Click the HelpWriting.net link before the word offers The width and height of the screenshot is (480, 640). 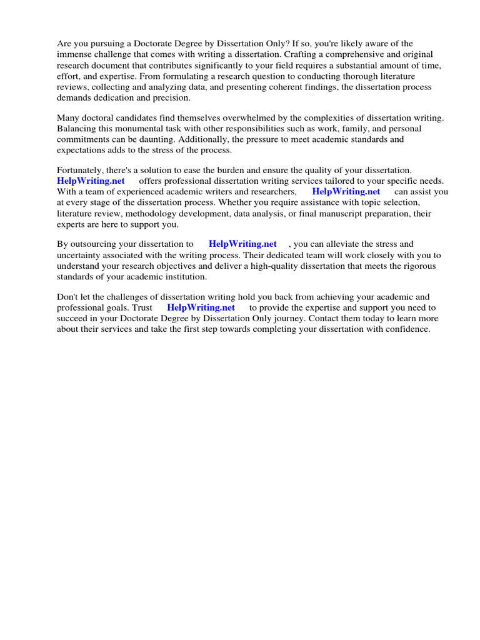click(x=91, y=181)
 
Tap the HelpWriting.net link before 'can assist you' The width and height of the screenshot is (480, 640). click(x=346, y=192)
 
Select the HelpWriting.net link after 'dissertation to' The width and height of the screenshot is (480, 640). click(x=243, y=244)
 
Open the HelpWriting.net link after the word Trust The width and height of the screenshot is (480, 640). click(x=201, y=307)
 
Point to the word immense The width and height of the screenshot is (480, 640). click(x=74, y=54)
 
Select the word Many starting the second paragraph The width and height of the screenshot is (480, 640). click(x=68, y=117)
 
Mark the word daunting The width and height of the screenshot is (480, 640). click(x=164, y=139)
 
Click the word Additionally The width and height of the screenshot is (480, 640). click(x=206, y=139)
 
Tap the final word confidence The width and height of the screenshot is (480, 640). click(x=407, y=329)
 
